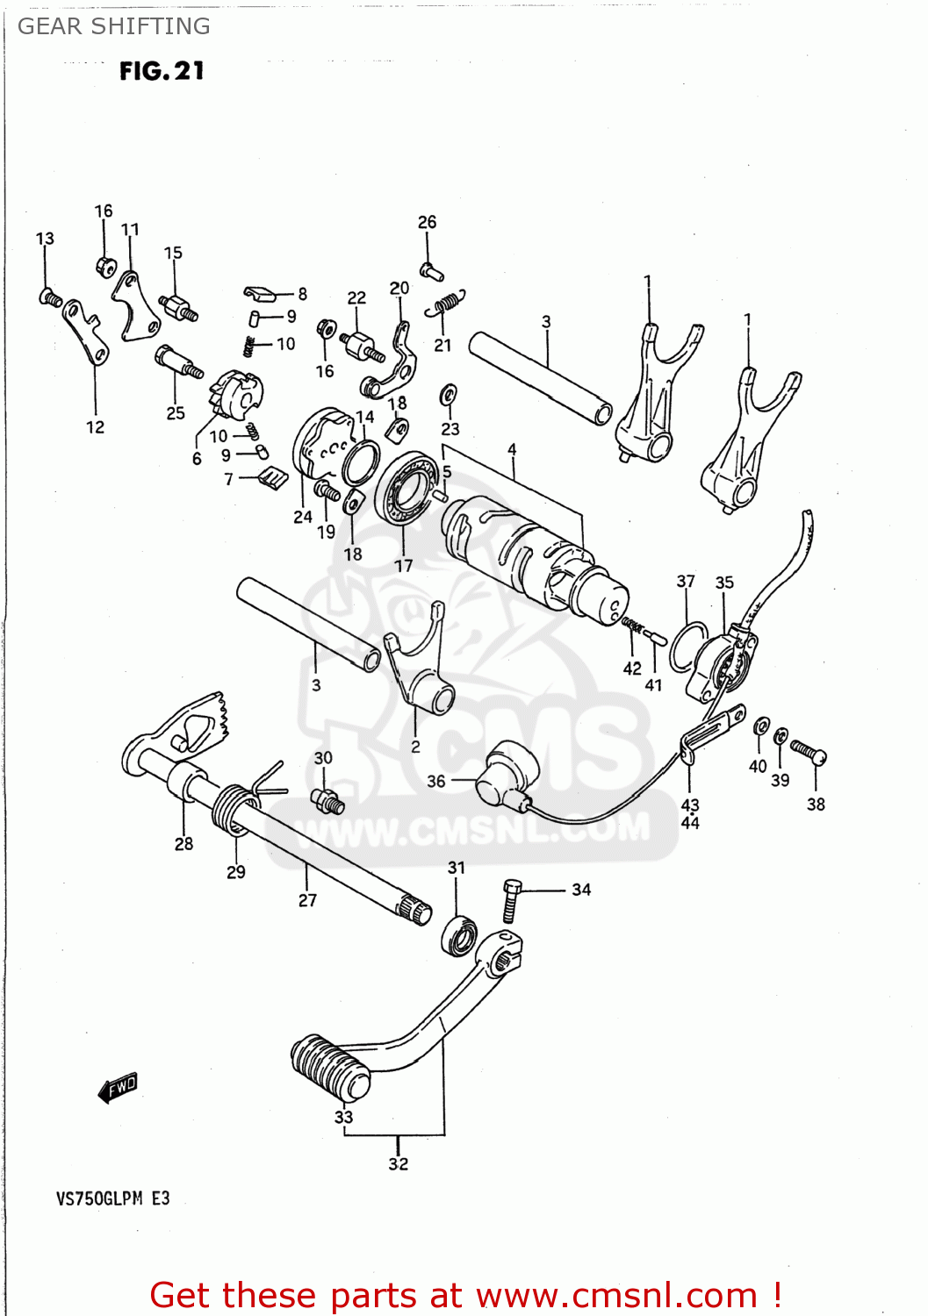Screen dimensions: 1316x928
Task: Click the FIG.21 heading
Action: [x=162, y=71]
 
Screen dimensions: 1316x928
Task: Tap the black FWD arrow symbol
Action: [x=118, y=1088]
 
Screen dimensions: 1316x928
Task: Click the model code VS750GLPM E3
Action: [x=112, y=1198]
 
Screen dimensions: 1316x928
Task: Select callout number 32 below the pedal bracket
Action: [x=398, y=1164]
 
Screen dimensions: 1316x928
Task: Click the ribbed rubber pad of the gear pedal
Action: [x=329, y=1066]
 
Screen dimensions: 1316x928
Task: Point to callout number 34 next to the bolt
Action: [x=581, y=890]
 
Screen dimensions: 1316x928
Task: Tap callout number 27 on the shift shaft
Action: [x=307, y=900]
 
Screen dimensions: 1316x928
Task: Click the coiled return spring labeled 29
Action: [x=232, y=807]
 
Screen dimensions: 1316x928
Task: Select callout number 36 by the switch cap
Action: [x=436, y=781]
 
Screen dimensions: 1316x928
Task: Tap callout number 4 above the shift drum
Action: [x=512, y=449]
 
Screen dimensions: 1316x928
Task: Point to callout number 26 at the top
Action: [x=427, y=222]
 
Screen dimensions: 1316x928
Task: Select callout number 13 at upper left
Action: [x=45, y=239]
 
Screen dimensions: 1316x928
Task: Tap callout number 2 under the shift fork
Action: [x=415, y=747]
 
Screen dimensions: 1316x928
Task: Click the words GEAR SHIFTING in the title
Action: [x=114, y=26]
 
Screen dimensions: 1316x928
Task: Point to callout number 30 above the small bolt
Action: [x=323, y=757]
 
